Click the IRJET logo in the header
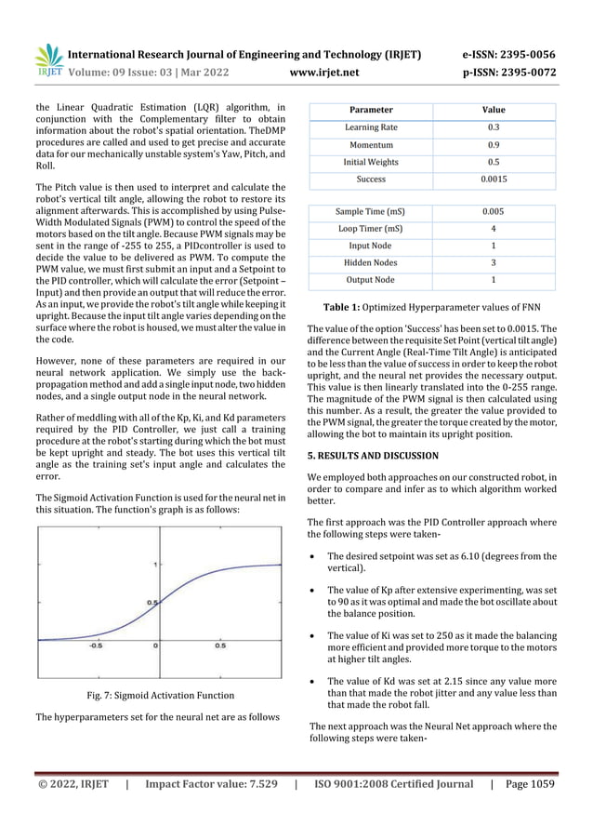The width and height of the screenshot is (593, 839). (48, 59)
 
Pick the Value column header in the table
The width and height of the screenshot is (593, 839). (493, 110)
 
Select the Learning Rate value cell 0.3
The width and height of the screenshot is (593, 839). (493, 127)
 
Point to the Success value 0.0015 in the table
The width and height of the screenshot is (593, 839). (493, 180)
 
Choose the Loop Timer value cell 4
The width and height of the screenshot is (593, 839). (493, 229)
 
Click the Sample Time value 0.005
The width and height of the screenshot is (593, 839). (493, 212)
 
